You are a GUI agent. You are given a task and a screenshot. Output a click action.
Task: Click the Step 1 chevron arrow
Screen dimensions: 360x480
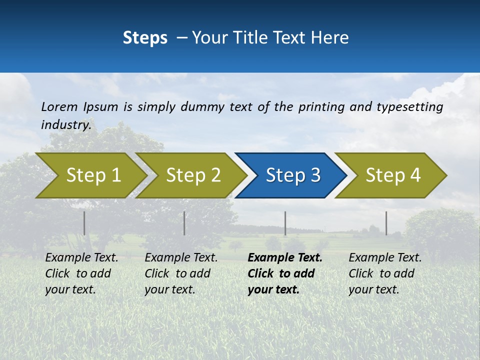pos(90,175)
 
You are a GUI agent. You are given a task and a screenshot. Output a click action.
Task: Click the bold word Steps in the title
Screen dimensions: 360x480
pos(145,38)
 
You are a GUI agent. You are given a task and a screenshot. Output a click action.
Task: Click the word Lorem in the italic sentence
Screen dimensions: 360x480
pos(59,106)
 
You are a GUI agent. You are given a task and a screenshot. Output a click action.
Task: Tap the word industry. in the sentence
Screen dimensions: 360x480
pos(66,124)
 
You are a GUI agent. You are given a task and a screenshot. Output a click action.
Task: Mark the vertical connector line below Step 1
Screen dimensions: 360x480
pos(84,223)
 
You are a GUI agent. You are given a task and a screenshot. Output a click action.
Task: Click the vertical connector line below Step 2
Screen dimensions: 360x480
pos(184,223)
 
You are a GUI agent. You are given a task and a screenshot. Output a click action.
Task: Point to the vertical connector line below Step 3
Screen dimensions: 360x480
pos(285,223)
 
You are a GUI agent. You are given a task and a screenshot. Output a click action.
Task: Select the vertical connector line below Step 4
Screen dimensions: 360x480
pos(386,223)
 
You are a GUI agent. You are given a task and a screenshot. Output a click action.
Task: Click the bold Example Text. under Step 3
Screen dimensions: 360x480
pos(285,258)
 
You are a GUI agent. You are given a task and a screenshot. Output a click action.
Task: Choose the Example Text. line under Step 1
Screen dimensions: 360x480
pos(81,258)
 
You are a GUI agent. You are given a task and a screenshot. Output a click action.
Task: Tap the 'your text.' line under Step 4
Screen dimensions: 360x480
pos(373,289)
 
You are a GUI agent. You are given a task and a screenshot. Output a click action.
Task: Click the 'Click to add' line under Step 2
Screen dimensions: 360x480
pos(177,273)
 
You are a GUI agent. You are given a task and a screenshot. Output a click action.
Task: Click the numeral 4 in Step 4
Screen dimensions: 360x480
pos(415,175)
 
